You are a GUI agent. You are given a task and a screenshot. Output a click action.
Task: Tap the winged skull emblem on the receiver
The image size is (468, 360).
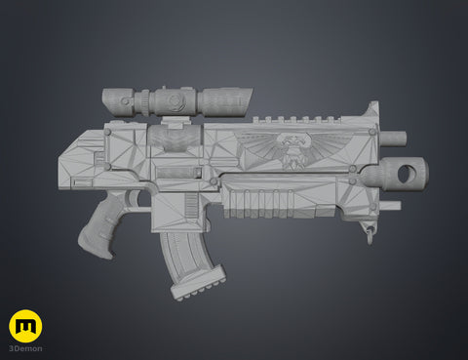point(292,147)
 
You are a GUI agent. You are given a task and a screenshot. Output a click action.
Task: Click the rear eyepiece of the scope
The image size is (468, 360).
point(113,98)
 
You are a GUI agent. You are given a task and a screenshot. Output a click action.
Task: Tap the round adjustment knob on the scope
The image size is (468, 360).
point(172,100)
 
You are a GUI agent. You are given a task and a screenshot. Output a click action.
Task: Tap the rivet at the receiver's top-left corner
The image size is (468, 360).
point(107,129)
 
